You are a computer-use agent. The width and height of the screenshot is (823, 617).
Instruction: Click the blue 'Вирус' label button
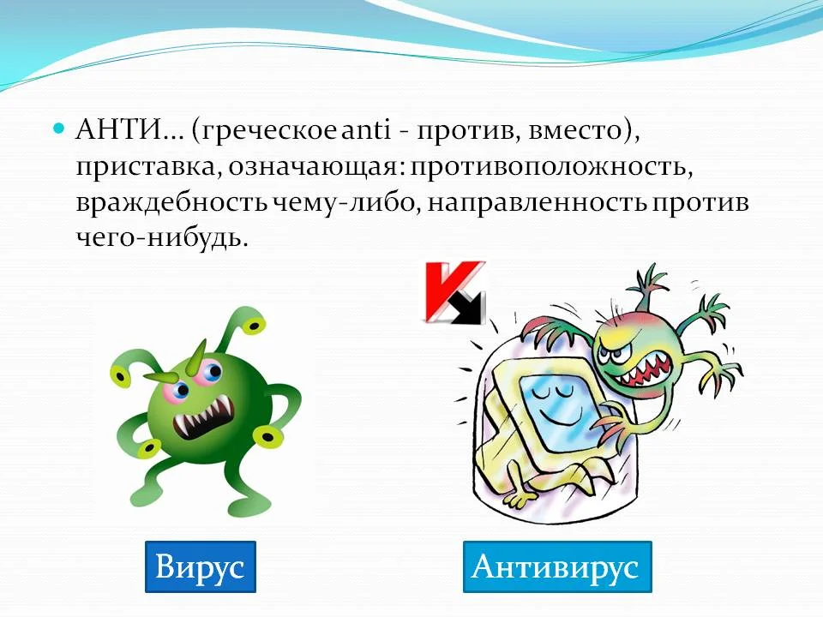click(201, 566)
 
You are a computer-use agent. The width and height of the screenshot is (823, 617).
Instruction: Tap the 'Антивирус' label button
click(557, 566)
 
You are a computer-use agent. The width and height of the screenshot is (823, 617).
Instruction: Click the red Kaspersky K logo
click(454, 292)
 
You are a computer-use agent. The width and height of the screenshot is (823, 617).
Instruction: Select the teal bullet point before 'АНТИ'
click(58, 128)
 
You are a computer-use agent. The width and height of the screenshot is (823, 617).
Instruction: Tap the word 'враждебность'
click(171, 202)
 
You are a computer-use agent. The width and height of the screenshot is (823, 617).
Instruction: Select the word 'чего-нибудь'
click(162, 239)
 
